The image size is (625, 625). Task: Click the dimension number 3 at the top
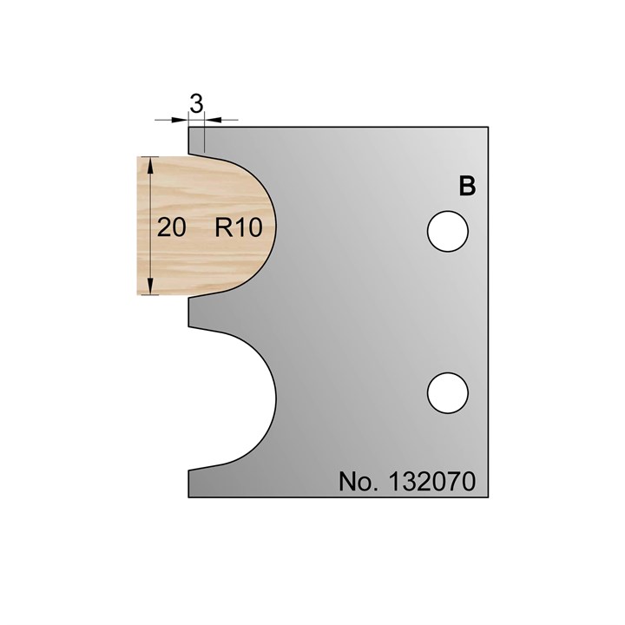196,104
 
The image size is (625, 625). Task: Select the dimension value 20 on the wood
172,227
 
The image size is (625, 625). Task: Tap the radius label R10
236,227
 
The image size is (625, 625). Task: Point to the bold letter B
467,187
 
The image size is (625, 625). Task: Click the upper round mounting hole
449,231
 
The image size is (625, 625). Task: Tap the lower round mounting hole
449,391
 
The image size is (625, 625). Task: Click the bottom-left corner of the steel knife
189,497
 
